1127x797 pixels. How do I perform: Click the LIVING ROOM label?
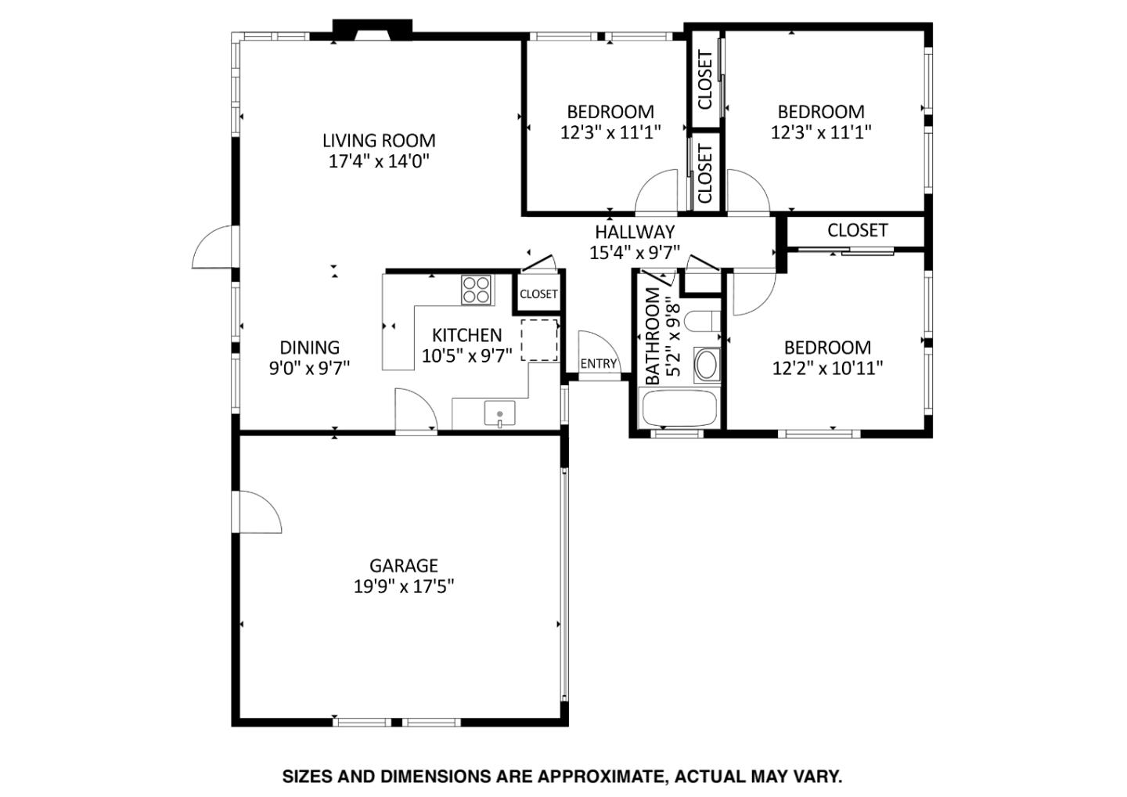(379, 141)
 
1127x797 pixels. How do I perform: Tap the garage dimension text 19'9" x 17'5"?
(404, 586)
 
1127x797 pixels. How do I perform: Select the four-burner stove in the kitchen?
(476, 290)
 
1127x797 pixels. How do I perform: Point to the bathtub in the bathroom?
(679, 407)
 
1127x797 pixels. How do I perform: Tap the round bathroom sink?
(707, 365)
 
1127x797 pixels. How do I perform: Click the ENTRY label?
(599, 363)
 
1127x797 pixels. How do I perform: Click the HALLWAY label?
(634, 232)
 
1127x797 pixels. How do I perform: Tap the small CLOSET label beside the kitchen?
(538, 294)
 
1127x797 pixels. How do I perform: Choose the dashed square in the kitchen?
(539, 339)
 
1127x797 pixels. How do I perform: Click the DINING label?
(310, 347)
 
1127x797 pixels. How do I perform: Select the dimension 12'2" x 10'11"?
(827, 368)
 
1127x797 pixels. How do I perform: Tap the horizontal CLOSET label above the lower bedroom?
(857, 230)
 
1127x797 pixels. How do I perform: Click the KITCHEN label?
(467, 335)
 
